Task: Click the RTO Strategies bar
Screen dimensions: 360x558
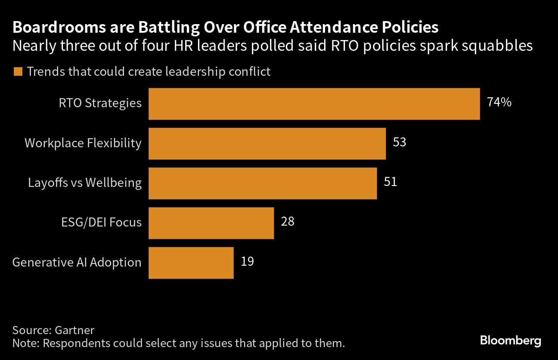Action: [314, 104]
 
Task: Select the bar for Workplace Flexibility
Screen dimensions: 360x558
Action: [267, 143]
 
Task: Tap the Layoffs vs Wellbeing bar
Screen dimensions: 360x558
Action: [263, 183]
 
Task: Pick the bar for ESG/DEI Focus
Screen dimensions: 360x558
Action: [211, 223]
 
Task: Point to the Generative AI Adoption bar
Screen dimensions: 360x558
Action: [191, 263]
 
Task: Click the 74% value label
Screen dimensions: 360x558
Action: [499, 102]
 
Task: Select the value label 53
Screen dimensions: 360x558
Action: [400, 142]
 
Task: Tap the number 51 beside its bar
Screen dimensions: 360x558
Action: [390, 182]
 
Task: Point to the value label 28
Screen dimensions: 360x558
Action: [288, 221]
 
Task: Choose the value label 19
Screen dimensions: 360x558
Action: [247, 261]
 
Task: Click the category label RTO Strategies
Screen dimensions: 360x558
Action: [100, 103]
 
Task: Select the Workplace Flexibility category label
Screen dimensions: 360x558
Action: [83, 143]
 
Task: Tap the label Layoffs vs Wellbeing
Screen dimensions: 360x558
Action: [85, 183]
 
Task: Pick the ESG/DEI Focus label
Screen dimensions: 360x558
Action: [101, 222]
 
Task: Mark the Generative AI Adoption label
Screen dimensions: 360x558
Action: [77, 262]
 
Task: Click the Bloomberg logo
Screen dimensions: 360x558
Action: [510, 341]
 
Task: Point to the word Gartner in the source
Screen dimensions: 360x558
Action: [74, 331]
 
